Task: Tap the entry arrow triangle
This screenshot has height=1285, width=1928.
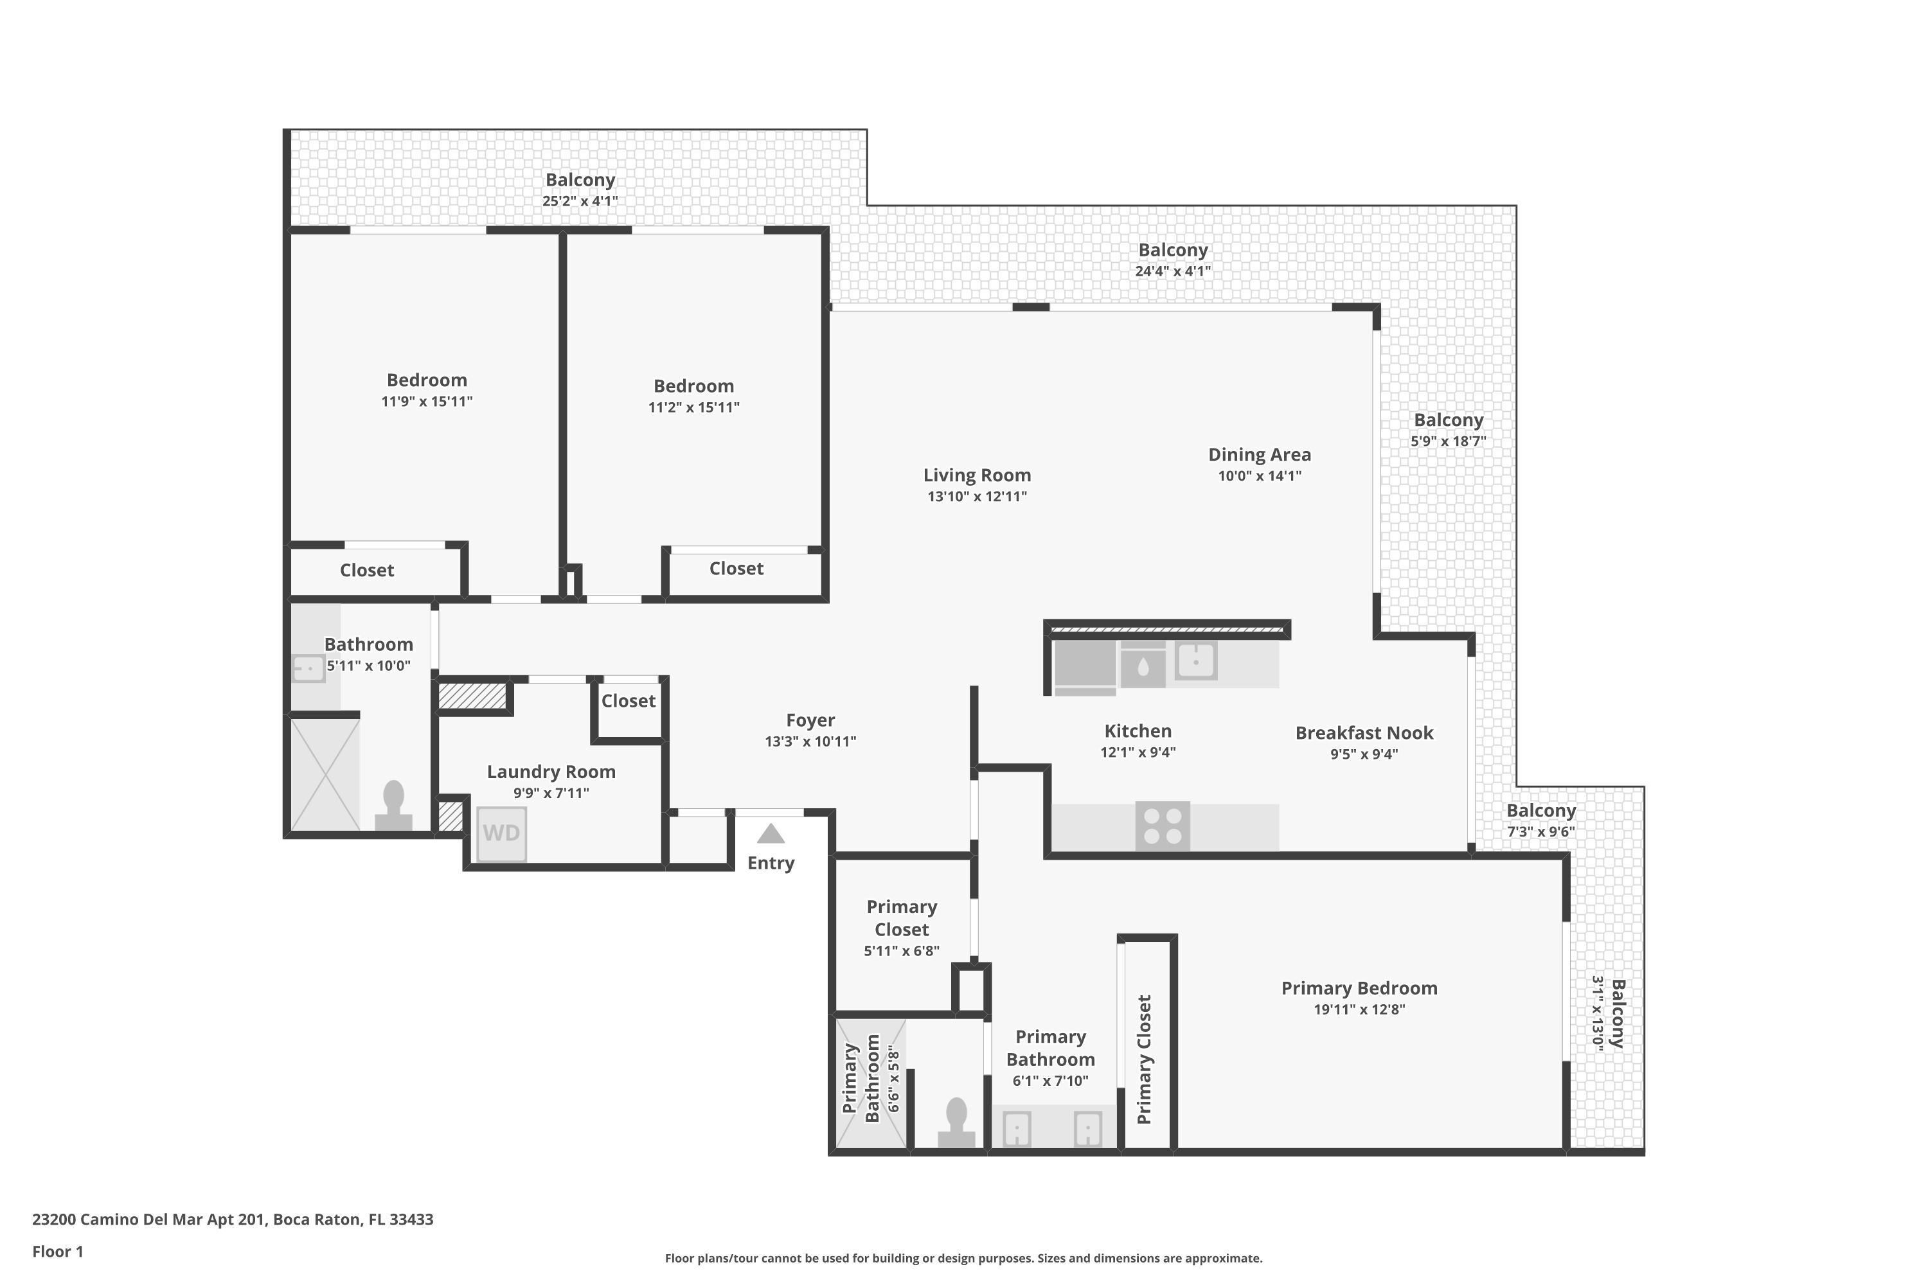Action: (771, 834)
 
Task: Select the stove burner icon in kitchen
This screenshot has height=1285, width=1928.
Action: (1163, 826)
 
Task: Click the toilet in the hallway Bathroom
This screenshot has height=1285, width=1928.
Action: (393, 806)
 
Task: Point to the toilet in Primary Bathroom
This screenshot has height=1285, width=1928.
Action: (956, 1122)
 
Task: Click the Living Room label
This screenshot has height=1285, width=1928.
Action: (977, 475)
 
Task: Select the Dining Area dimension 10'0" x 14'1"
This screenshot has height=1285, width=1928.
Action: (1259, 476)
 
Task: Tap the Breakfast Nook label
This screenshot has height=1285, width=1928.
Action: (1364, 732)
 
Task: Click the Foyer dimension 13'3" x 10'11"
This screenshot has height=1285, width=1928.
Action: (810, 741)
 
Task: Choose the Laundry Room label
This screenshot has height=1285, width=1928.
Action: (551, 771)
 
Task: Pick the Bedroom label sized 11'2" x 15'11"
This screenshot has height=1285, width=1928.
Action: (693, 386)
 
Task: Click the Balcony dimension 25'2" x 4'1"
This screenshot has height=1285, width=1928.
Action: (580, 200)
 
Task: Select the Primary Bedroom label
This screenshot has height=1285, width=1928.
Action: (1359, 988)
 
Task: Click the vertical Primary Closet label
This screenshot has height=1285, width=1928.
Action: (1145, 1059)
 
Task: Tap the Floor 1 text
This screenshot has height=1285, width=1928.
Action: (57, 1252)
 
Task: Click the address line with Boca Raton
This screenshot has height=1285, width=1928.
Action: (233, 1219)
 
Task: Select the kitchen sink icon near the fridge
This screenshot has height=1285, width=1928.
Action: (1196, 660)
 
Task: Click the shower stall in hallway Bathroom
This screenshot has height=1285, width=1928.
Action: (325, 774)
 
